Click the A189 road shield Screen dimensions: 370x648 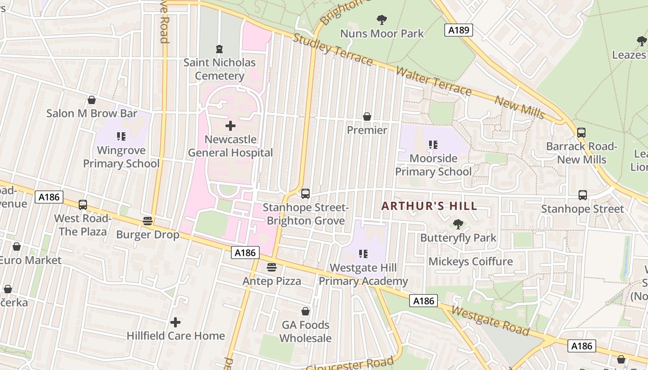(459, 31)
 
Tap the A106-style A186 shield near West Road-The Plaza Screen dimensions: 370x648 (49, 197)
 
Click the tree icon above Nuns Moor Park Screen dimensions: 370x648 (382, 20)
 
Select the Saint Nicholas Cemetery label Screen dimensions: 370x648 (219, 69)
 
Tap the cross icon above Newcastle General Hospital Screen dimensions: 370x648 (230, 126)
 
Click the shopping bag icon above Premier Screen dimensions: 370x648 (367, 117)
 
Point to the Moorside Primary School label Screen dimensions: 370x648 (433, 165)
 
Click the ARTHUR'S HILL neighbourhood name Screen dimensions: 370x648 (429, 206)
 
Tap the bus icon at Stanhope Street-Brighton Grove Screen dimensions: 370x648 (305, 194)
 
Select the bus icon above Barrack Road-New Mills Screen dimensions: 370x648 (581, 133)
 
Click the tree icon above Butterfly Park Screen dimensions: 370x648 (458, 224)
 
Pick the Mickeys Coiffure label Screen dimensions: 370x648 (470, 261)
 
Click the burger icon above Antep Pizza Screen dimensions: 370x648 (272, 267)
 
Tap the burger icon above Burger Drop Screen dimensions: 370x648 (148, 221)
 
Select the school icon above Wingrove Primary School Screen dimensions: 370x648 (121, 136)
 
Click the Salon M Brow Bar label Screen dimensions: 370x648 (92, 113)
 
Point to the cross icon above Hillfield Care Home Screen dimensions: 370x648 (175, 322)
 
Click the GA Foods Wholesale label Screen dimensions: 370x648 (305, 332)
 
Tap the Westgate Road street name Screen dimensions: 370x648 (490, 321)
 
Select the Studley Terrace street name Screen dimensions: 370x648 (332, 49)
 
